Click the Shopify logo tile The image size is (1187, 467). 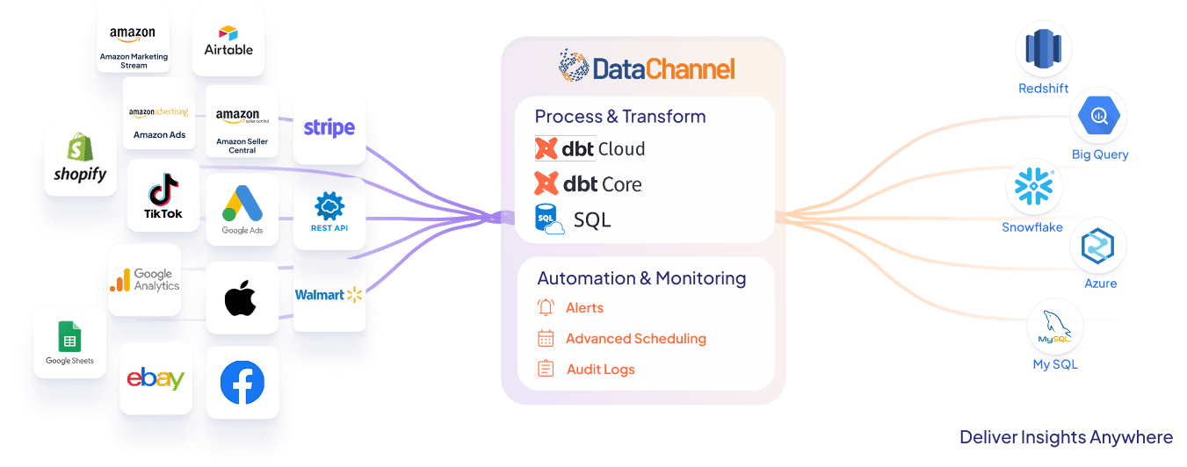80,160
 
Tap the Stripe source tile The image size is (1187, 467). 329,128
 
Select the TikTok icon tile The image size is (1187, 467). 163,196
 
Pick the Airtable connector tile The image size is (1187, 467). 228,40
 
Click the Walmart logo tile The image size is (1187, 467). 329,295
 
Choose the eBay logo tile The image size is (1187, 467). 156,378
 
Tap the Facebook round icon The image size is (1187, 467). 242,383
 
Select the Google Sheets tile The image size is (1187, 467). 69,342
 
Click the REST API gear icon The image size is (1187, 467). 329,206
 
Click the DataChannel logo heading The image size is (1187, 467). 647,68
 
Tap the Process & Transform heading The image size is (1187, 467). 620,117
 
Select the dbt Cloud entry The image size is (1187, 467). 590,149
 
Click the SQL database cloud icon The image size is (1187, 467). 550,220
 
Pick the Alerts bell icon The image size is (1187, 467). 546,307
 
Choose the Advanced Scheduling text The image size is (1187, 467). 635,339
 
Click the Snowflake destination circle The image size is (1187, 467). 1034,188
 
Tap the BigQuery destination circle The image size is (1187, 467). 1098,116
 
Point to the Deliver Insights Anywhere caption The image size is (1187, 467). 1065,437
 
